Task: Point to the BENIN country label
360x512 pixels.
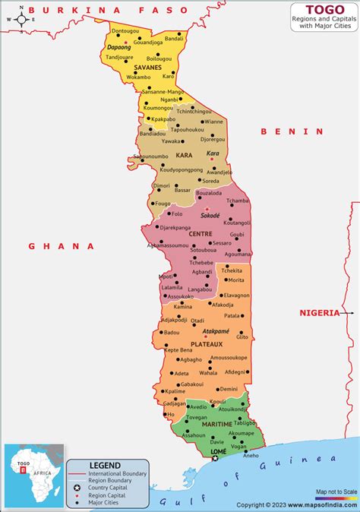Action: click(x=292, y=131)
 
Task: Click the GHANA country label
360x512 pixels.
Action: click(x=62, y=246)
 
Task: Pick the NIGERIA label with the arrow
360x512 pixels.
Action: click(x=319, y=312)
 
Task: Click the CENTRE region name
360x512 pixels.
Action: click(x=200, y=234)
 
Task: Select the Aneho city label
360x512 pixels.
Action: click(x=250, y=455)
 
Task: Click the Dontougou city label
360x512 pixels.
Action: click(x=125, y=30)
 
